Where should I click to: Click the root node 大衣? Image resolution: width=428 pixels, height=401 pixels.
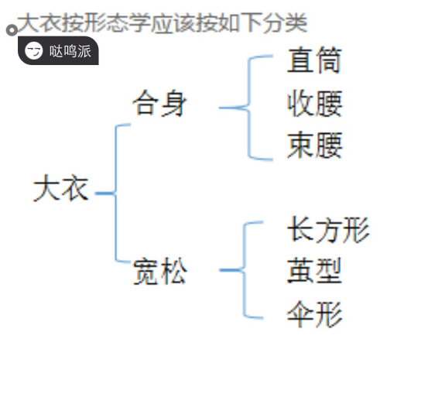tap(61, 188)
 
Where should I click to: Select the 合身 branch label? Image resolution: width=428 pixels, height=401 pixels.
tap(159, 104)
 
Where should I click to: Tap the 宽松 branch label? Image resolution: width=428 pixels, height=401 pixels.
tap(160, 272)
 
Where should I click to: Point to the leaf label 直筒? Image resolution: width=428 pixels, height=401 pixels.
tap(314, 60)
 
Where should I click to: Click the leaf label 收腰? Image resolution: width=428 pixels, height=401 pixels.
tap(315, 104)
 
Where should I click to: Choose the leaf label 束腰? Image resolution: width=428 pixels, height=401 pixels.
tap(315, 145)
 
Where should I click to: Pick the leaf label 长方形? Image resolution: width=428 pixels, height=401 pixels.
tap(328, 230)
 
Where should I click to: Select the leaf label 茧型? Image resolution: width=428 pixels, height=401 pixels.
tap(314, 270)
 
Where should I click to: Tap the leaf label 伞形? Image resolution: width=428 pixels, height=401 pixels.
tap(315, 314)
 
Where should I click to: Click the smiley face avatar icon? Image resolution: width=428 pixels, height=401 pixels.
tap(33, 51)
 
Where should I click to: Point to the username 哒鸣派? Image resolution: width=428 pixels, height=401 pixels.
tap(70, 51)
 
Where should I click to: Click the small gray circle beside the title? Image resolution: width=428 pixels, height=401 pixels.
tap(12, 30)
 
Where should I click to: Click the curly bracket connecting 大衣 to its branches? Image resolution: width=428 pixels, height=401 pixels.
tap(115, 193)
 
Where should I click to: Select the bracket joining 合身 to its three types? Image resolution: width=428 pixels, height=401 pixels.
tap(249, 108)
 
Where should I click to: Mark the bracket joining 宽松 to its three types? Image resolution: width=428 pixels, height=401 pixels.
tap(244, 270)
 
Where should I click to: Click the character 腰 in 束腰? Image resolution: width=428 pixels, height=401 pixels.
tap(329, 145)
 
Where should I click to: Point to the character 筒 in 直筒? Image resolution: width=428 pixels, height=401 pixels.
tap(328, 60)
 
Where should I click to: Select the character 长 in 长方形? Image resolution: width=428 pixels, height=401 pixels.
tap(300, 230)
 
